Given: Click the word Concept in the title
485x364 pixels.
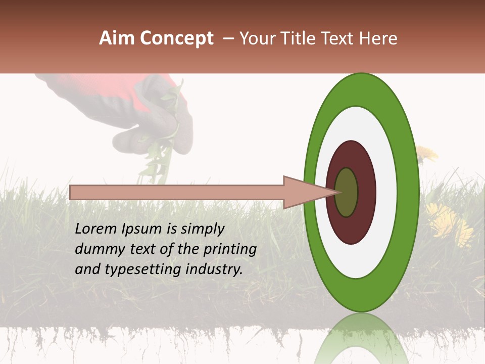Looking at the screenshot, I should [x=177, y=39].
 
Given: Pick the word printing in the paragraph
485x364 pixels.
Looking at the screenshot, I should [x=230, y=250].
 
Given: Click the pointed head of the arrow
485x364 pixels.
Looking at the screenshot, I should [x=303, y=193].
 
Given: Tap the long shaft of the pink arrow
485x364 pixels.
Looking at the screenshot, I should [x=177, y=193].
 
